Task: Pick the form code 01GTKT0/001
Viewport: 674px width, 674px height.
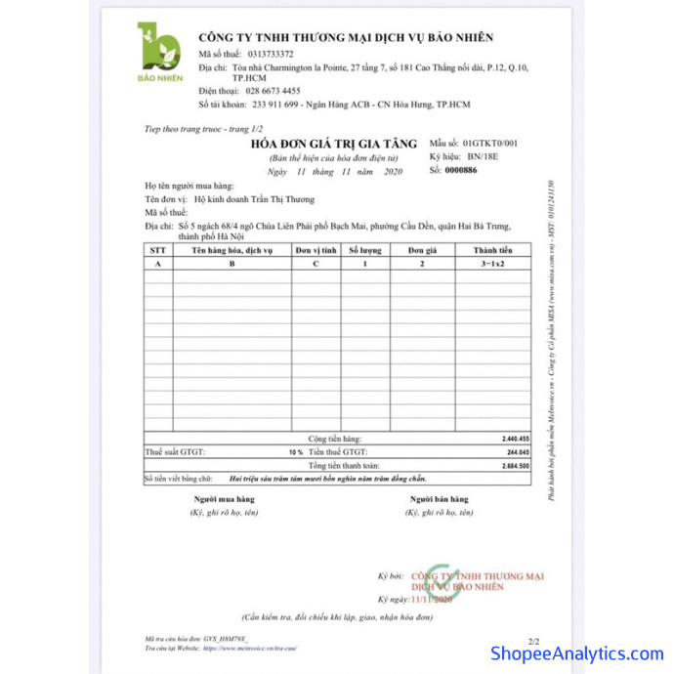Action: click(x=490, y=143)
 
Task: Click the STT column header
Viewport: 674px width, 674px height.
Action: click(x=158, y=251)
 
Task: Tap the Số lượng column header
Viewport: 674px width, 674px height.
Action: click(x=366, y=251)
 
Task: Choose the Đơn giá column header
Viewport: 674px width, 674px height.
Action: click(x=423, y=251)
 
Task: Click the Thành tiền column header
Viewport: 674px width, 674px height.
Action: click(x=493, y=251)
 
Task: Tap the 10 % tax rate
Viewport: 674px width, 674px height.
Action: click(x=295, y=453)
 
